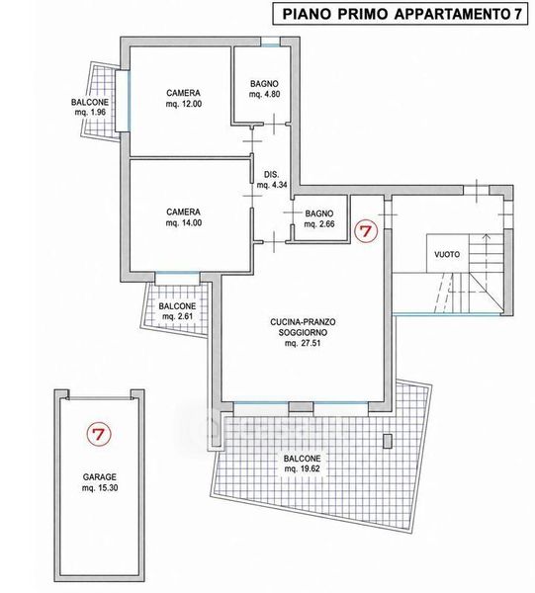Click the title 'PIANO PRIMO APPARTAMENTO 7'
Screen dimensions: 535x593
tap(400, 14)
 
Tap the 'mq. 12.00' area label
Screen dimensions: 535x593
tap(184, 104)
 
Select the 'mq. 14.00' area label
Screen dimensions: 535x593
tap(184, 222)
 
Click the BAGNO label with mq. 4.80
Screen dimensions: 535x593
tap(264, 84)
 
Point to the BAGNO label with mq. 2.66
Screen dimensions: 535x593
tap(319, 213)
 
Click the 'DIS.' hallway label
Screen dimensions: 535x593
tap(271, 174)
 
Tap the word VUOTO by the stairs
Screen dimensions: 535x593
tap(447, 254)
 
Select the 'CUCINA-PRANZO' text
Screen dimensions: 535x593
tap(303, 322)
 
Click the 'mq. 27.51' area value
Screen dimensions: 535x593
tap(303, 343)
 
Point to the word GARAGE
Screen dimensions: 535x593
tap(100, 477)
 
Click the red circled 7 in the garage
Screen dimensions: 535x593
tap(98, 434)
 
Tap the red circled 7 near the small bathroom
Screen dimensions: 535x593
tap(366, 230)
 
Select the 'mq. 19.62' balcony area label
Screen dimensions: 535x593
tap(303, 468)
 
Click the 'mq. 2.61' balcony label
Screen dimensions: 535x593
tap(177, 316)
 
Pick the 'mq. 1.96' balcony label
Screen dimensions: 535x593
tap(90, 113)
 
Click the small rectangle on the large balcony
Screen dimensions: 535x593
tap(388, 442)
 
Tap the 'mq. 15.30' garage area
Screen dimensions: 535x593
tap(100, 488)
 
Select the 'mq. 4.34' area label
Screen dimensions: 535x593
tap(272, 186)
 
